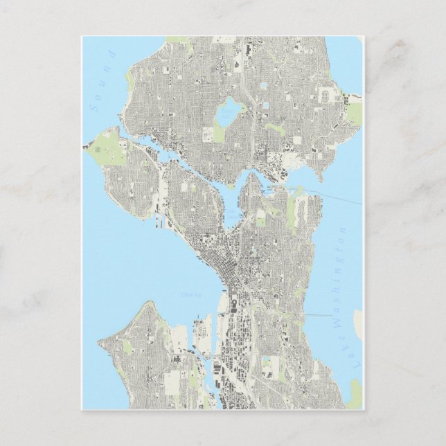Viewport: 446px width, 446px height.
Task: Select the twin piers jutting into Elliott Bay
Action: (x=161, y=221)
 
